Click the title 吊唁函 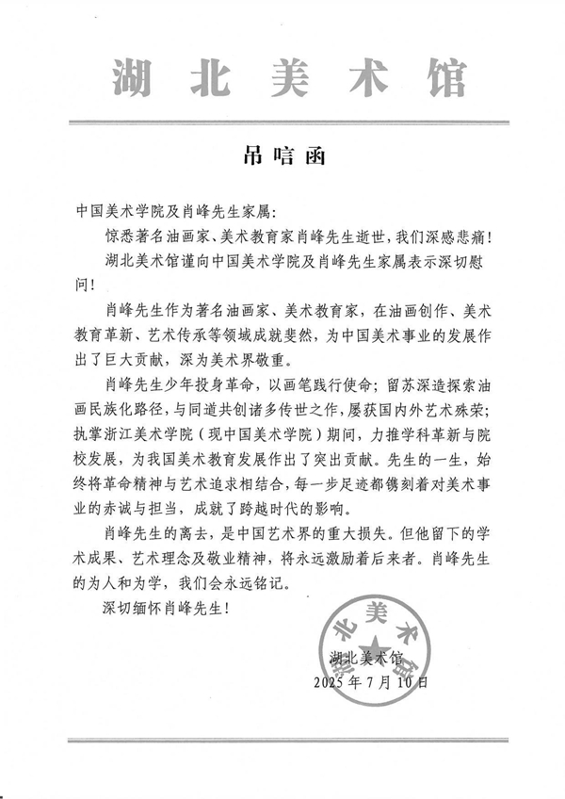pos(282,155)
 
